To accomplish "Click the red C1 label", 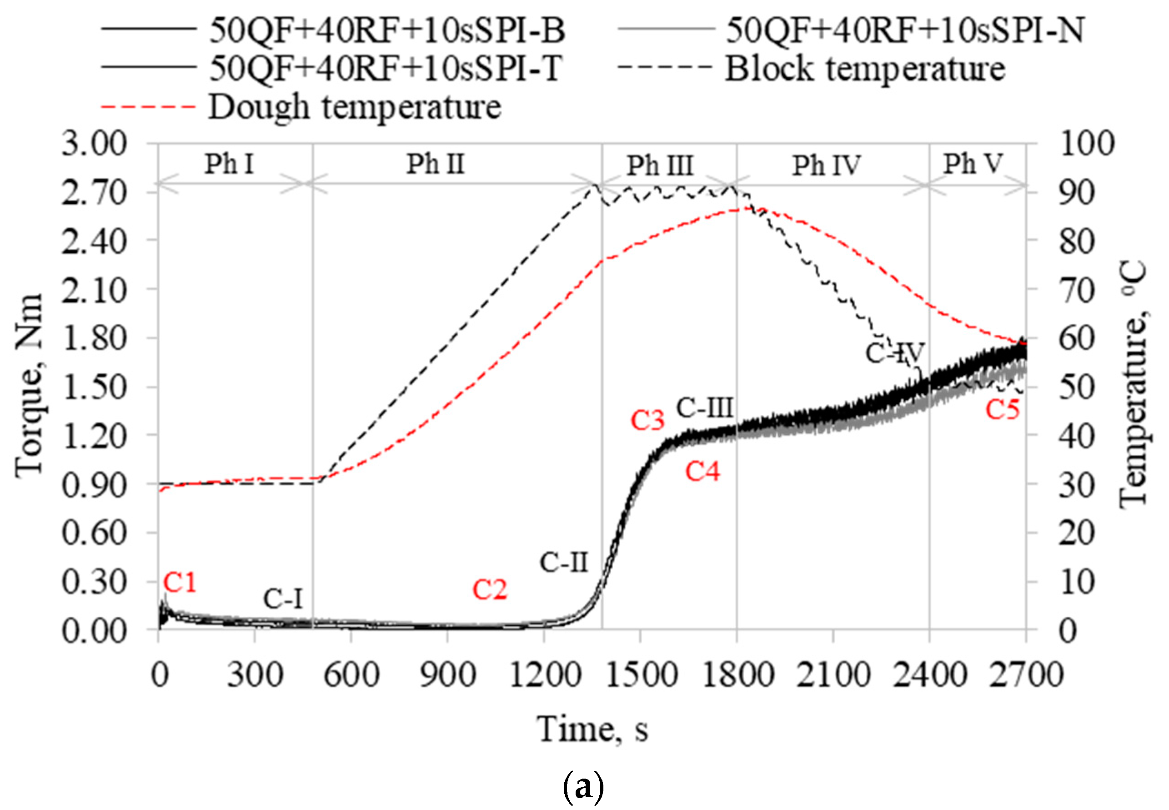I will click(180, 582).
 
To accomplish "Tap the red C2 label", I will click(490, 590).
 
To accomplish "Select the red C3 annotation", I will click(647, 421).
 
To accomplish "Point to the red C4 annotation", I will click(703, 472).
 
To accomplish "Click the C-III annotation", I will click(705, 408).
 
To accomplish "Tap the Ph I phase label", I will click(229, 164).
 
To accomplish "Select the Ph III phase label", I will click(660, 165).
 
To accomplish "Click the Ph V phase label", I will click(973, 164).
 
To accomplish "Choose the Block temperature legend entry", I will click(864, 69).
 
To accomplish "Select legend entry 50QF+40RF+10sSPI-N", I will click(905, 30).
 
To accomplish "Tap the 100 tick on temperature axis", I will click(1087, 144).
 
